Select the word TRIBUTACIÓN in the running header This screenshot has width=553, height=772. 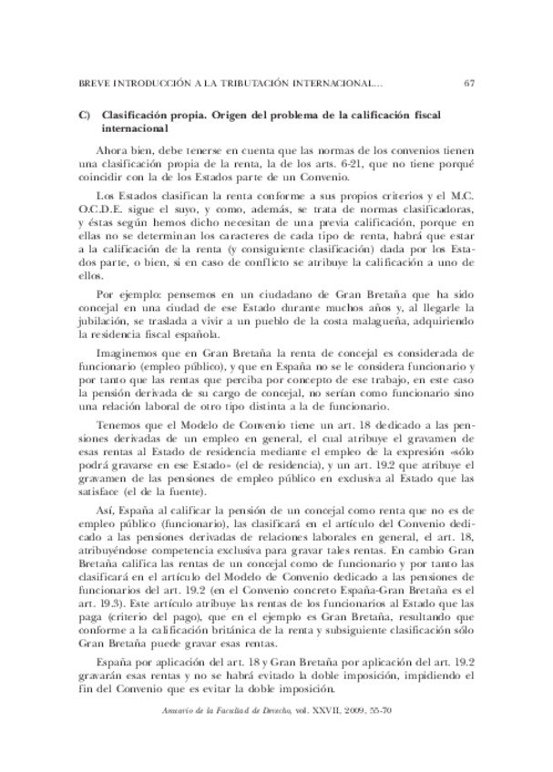pos(255,85)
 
